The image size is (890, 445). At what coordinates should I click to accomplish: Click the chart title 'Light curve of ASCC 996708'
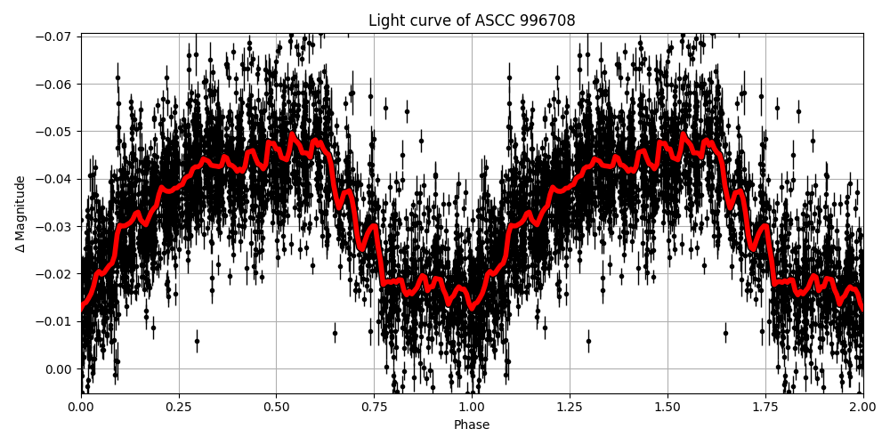coord(472,20)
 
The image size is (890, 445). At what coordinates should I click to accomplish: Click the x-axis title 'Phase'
coord(472,425)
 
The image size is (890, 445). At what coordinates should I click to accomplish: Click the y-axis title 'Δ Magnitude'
coord(20,214)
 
